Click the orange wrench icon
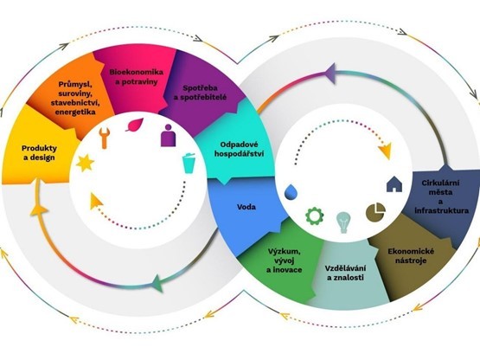click(x=105, y=138)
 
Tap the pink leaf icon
click(x=135, y=125)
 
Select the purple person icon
click(x=168, y=135)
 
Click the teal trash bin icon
click(x=189, y=163)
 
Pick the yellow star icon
click(x=85, y=163)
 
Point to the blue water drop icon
click(x=291, y=192)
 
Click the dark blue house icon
click(x=394, y=184)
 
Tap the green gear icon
click(x=315, y=216)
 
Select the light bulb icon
click(x=343, y=222)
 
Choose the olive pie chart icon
click(x=375, y=211)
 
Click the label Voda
click(x=246, y=207)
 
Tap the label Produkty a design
click(x=39, y=153)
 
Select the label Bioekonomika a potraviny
click(x=137, y=77)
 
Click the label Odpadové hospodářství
click(x=239, y=149)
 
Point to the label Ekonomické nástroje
click(x=411, y=256)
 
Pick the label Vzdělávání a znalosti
click(x=346, y=273)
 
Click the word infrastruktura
click(x=441, y=211)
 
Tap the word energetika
click(x=75, y=112)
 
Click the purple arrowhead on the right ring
click(x=330, y=73)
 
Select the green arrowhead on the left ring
click(x=157, y=284)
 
